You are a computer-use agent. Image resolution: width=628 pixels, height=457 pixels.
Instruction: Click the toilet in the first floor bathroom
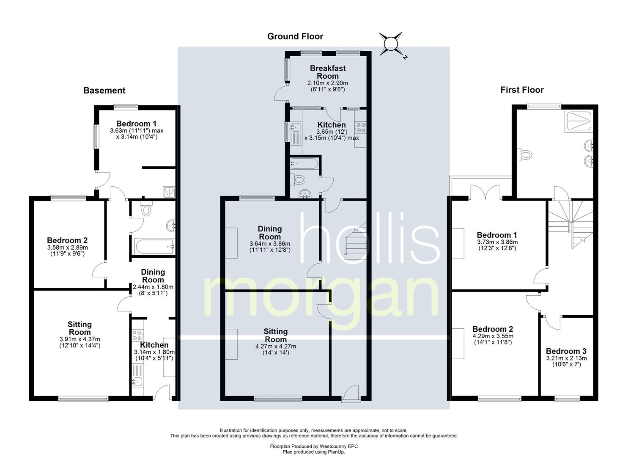[x=524, y=154]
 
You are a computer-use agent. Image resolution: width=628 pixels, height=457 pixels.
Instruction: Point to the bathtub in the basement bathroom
[x=154, y=247]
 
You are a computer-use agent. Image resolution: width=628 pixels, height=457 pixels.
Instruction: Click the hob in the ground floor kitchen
[x=360, y=127]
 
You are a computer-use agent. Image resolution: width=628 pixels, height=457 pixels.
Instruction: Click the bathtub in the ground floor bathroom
[x=304, y=163]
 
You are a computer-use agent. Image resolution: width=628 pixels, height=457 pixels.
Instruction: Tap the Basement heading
[x=104, y=90]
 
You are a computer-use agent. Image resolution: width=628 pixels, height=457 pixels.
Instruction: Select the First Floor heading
[x=522, y=90]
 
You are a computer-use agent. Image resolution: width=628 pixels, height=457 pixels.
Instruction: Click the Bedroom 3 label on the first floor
[x=566, y=351]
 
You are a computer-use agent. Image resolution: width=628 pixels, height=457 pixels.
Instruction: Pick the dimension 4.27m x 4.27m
[x=276, y=346]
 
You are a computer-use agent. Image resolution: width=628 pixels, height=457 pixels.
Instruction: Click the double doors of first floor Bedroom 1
[x=486, y=192]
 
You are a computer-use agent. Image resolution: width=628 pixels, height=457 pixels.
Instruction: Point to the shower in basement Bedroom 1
[x=169, y=192]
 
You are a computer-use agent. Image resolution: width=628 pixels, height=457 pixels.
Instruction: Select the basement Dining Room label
[x=153, y=276]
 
